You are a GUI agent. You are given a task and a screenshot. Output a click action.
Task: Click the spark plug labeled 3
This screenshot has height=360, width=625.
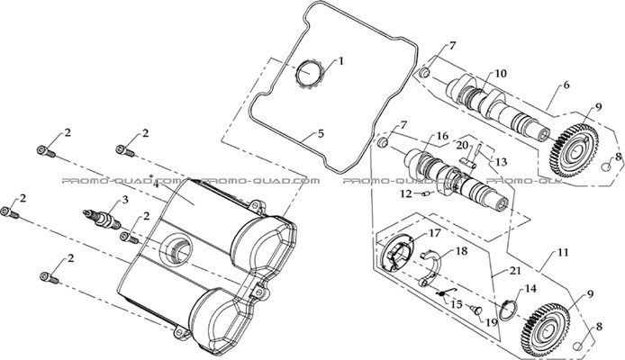[x=102, y=219]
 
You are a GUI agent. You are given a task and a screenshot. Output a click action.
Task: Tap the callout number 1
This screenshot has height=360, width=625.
[x=340, y=60]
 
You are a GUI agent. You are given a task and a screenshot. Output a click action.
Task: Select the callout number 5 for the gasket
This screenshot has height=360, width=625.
[x=321, y=133]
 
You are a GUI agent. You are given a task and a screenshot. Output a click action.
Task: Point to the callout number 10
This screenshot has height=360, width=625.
[x=500, y=73]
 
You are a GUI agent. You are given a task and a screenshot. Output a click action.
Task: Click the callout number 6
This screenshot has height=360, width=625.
[x=566, y=85]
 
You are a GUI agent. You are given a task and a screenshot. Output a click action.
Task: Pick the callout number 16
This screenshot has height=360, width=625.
[x=442, y=136]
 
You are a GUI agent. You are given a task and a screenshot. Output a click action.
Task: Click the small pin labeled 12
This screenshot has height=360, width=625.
[x=426, y=193]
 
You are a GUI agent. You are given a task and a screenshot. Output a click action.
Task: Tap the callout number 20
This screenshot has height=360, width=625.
[x=462, y=146]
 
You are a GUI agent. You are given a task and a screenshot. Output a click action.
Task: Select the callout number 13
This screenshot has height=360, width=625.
[x=501, y=162]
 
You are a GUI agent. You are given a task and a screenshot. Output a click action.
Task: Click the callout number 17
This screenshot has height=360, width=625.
[x=434, y=232]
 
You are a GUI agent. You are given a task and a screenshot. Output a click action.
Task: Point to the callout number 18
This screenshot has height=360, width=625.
[x=462, y=251]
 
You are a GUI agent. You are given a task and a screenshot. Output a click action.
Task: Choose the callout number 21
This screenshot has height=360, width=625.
[x=515, y=270]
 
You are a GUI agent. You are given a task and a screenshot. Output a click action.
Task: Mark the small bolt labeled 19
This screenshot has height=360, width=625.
[x=476, y=310]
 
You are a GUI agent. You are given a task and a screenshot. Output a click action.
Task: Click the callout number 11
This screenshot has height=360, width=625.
[x=563, y=253]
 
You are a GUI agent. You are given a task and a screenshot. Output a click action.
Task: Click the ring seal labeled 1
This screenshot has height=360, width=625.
[x=309, y=73]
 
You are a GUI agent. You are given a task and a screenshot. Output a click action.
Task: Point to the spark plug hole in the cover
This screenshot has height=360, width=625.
[x=176, y=251]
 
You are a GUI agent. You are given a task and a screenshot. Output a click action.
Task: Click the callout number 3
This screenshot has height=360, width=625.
[x=125, y=200]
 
